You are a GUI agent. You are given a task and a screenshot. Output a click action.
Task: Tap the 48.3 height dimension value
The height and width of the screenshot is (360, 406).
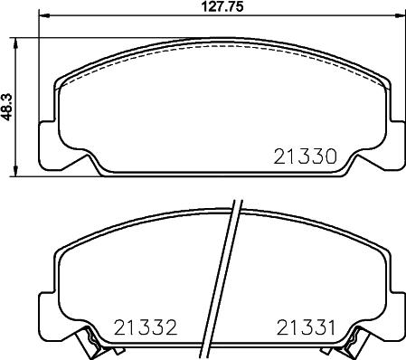click(x=7, y=107)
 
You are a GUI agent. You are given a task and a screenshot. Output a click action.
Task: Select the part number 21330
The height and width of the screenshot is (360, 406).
click(x=305, y=156)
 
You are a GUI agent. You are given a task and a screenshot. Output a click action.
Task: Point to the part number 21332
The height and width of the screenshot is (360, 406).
click(x=146, y=327)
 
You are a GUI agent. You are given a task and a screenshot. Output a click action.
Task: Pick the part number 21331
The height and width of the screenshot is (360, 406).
click(x=306, y=327)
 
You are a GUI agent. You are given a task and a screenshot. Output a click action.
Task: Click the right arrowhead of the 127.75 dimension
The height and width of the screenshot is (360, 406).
click(x=400, y=15)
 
